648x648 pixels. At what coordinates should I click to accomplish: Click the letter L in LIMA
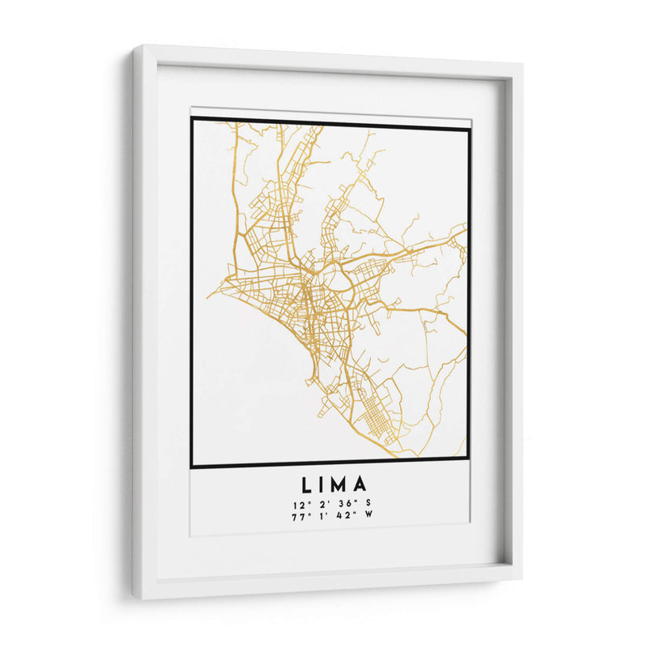click(x=308, y=486)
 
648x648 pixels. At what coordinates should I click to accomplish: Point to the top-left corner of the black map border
click(x=192, y=119)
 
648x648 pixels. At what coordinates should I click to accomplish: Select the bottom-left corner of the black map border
click(x=192, y=467)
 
